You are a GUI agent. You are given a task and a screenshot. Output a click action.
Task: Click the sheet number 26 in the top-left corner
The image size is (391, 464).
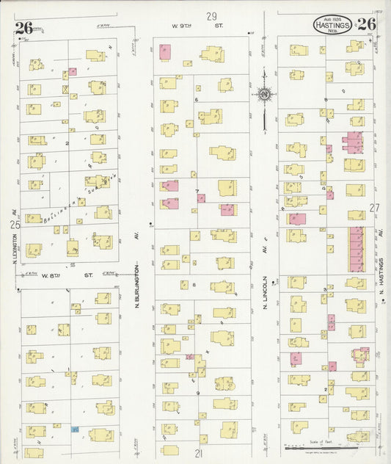pyautogui.click(x=23, y=29)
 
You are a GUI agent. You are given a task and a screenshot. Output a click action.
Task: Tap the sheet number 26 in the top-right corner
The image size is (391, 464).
pyautogui.click(x=367, y=23)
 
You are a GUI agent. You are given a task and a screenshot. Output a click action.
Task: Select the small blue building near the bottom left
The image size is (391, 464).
pyautogui.click(x=74, y=428)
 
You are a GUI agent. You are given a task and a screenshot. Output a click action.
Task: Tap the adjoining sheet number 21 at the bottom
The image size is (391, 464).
pyautogui.click(x=198, y=454)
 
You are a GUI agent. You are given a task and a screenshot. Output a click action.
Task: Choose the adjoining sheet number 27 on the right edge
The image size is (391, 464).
pyautogui.click(x=375, y=208)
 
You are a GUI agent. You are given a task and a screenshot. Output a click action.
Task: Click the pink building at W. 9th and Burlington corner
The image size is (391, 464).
pyautogui.click(x=164, y=52)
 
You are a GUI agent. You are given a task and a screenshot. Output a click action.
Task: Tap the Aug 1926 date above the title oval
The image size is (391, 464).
pyautogui.click(x=332, y=15)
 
